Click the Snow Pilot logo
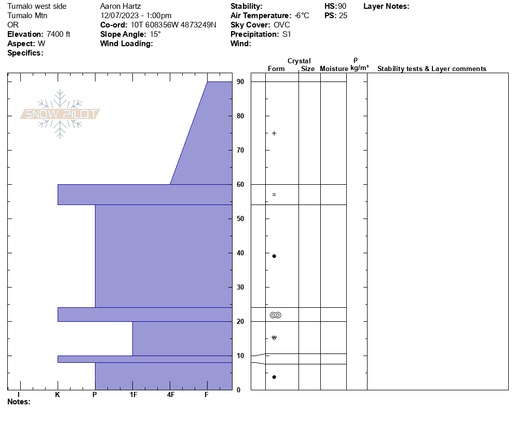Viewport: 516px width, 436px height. click(60, 114)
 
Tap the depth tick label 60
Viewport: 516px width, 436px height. click(240, 185)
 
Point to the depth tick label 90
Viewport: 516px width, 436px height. click(240, 81)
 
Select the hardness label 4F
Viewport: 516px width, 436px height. click(170, 394)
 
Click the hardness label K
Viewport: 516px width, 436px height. click(58, 394)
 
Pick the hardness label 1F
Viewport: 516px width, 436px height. click(133, 394)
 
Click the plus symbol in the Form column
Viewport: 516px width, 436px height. click(274, 133)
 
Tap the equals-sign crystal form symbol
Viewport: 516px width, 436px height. click(274, 195)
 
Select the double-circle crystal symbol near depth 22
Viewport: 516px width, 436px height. click(276, 315)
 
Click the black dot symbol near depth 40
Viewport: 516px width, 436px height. click(274, 256)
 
